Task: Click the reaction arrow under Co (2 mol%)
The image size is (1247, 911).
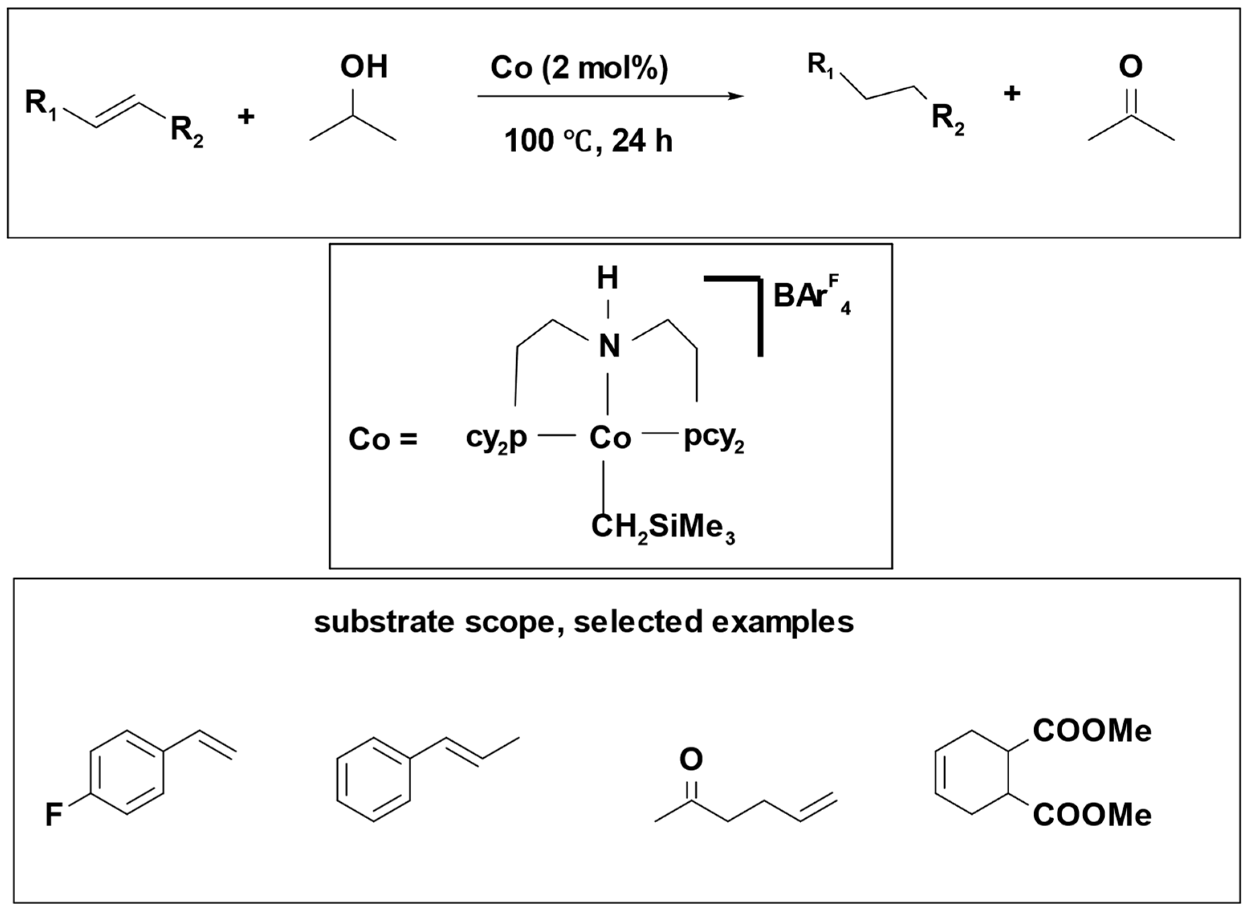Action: coord(609,96)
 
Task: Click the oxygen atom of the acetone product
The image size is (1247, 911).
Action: coord(1130,67)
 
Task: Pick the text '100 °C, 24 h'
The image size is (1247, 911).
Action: coord(588,141)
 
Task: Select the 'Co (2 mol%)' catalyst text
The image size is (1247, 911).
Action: coord(579,68)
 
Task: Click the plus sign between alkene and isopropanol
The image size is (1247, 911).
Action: coord(246,116)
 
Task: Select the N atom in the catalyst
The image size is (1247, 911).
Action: coord(609,347)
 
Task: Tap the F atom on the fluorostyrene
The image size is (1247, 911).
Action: coord(53,815)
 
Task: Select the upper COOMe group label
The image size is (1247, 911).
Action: coord(1092,731)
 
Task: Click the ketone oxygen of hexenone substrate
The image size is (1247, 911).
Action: coord(691,759)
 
